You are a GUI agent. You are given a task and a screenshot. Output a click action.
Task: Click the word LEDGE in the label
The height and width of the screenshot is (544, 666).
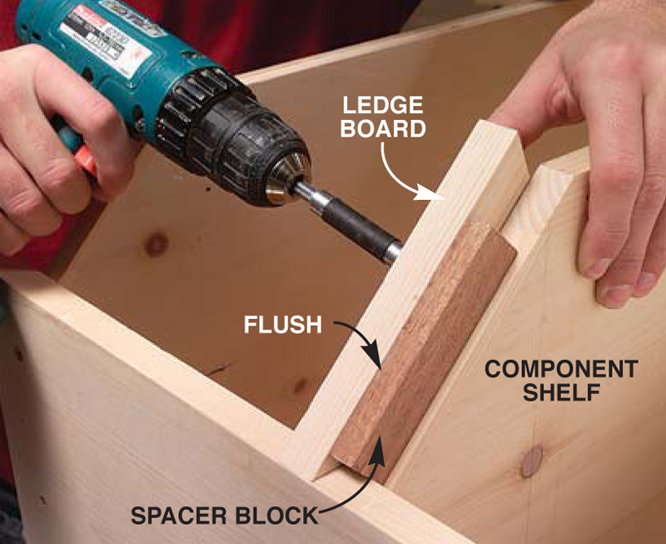coord(383,106)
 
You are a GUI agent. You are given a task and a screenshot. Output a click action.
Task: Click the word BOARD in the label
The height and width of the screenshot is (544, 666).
coord(383,128)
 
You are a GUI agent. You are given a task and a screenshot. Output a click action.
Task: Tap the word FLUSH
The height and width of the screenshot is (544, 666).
coord(283,325)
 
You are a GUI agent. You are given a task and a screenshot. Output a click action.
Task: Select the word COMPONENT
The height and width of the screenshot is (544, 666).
coord(561,369)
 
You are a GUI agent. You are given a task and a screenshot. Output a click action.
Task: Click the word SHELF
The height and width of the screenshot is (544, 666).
coord(561,392)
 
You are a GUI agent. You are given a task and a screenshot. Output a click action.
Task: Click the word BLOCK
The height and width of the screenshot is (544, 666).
coord(276,516)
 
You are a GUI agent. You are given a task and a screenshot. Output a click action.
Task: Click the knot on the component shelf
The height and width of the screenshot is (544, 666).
coord(532,461)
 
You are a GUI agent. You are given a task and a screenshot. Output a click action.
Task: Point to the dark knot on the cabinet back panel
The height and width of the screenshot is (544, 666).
coord(157,244)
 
